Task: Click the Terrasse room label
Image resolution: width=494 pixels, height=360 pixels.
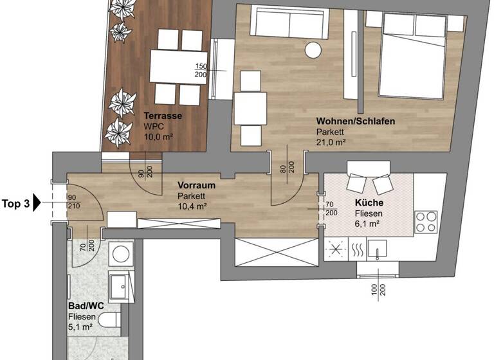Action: (x=163, y=116)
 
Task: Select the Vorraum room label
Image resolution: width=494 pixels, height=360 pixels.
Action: (x=196, y=185)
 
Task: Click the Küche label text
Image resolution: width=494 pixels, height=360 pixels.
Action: (x=369, y=203)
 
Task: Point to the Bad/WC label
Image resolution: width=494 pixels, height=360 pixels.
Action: (x=82, y=307)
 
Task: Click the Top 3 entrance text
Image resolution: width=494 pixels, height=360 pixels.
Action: (x=16, y=204)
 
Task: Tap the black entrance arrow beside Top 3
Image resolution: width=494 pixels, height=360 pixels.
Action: (x=37, y=204)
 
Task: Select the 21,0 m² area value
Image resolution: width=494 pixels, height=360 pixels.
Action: (x=331, y=143)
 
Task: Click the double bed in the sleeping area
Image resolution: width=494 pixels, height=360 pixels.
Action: (x=414, y=58)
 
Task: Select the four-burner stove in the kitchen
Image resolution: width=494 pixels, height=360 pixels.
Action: (x=426, y=221)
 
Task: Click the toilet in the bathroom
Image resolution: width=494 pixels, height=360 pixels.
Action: (x=109, y=319)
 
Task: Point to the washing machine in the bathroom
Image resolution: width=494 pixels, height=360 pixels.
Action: (x=119, y=253)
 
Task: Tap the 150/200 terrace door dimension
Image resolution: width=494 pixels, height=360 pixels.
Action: (x=201, y=71)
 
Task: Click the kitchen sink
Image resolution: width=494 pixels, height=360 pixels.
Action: (x=378, y=248)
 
